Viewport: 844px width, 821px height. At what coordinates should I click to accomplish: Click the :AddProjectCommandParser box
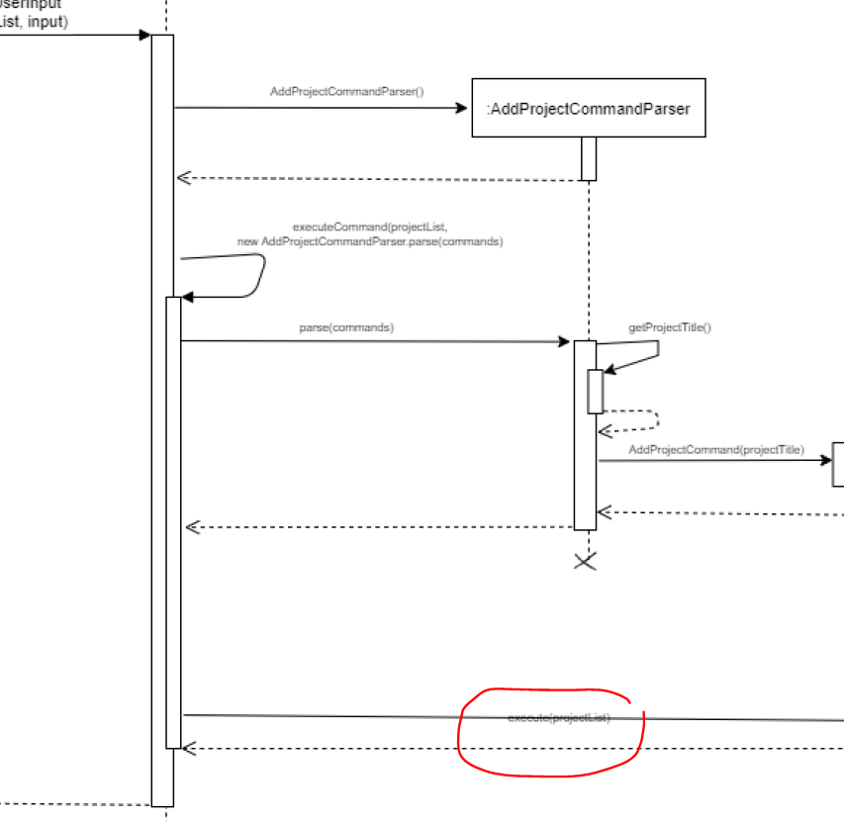pyautogui.click(x=588, y=107)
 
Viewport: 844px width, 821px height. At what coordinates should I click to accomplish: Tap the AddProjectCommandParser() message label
pyautogui.click(x=346, y=92)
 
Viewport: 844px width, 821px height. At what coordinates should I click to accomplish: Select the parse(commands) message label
pyautogui.click(x=345, y=326)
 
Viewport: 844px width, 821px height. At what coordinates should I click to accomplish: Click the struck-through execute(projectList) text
pyautogui.click(x=558, y=717)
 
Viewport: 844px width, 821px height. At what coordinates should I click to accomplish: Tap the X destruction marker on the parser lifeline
pyautogui.click(x=586, y=562)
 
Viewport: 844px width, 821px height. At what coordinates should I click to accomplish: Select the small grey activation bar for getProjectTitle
pyautogui.click(x=595, y=391)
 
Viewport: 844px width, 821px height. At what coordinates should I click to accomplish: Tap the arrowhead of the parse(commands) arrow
pyautogui.click(x=565, y=342)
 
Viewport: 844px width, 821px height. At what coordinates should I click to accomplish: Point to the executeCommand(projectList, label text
pyautogui.click(x=370, y=227)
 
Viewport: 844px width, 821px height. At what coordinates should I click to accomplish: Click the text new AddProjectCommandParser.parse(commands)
pyautogui.click(x=369, y=240)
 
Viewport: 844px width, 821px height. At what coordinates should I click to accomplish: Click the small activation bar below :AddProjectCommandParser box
pyautogui.click(x=588, y=158)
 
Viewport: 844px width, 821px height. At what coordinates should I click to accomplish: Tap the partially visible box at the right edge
pyautogui.click(x=839, y=464)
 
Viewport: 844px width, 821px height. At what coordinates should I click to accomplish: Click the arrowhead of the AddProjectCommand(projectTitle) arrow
pyautogui.click(x=827, y=461)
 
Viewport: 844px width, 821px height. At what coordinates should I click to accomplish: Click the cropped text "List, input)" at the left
pyautogui.click(x=34, y=22)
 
